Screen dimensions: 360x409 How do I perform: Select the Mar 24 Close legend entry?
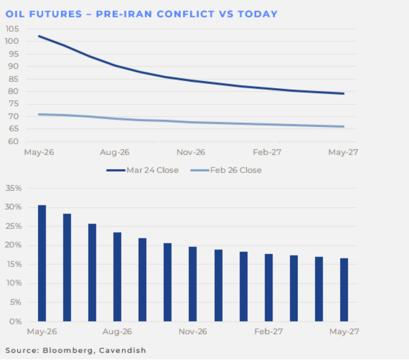pyautogui.click(x=152, y=170)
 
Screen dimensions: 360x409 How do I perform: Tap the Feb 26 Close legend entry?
pyautogui.click(x=235, y=170)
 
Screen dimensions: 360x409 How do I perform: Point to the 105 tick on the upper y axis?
pyautogui.click(x=13, y=29)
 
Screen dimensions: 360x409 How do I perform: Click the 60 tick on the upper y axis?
pyautogui.click(x=15, y=142)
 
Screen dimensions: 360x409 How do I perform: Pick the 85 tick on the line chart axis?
pyautogui.click(x=15, y=79)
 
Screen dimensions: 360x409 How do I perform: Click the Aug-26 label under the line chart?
pyautogui.click(x=115, y=153)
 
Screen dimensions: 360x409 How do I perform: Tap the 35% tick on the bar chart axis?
pyautogui.click(x=14, y=188)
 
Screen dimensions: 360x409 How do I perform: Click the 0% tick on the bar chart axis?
pyautogui.click(x=16, y=321)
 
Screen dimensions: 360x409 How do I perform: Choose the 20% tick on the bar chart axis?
pyautogui.click(x=14, y=245)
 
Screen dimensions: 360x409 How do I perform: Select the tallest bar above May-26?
pyautogui.click(x=42, y=263)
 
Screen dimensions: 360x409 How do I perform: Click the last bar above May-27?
pyautogui.click(x=343, y=290)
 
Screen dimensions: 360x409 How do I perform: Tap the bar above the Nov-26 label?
pyautogui.click(x=193, y=284)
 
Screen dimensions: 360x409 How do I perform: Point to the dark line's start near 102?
pyautogui.click(x=39, y=36)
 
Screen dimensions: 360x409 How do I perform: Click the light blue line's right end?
pyautogui.click(x=343, y=127)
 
